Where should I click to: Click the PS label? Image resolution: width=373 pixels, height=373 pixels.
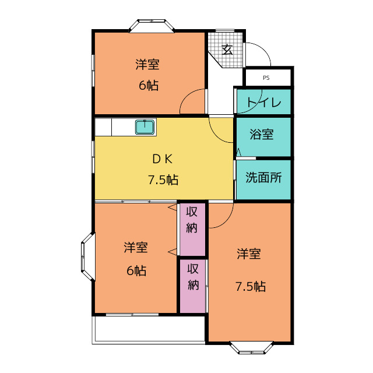tap(266, 78)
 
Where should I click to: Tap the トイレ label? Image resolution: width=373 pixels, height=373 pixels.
tap(264, 103)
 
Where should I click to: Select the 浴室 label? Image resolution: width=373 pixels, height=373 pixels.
tap(262, 134)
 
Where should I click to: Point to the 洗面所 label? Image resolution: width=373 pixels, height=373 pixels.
tap(263, 177)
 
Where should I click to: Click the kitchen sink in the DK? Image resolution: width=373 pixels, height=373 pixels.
tap(145, 127)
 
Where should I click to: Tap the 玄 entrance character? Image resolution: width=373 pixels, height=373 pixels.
tap(227, 50)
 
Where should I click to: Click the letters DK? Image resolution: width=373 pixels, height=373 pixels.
tap(163, 159)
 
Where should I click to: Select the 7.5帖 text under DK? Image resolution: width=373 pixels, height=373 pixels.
tap(163, 180)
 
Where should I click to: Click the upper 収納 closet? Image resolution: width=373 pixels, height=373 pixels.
tap(192, 229)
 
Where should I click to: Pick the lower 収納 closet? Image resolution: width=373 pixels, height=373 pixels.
tap(192, 286)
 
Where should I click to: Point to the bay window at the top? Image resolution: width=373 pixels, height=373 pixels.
tap(152, 26)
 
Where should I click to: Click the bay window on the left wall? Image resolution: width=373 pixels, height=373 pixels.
tap(88, 256)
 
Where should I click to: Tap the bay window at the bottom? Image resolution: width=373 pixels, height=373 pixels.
tap(252, 347)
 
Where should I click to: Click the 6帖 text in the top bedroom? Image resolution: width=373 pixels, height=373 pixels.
tap(149, 86)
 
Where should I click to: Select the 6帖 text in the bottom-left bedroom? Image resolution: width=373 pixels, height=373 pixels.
tap(136, 270)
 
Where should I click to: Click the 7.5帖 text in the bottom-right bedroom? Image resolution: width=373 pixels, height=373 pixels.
tap(251, 286)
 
